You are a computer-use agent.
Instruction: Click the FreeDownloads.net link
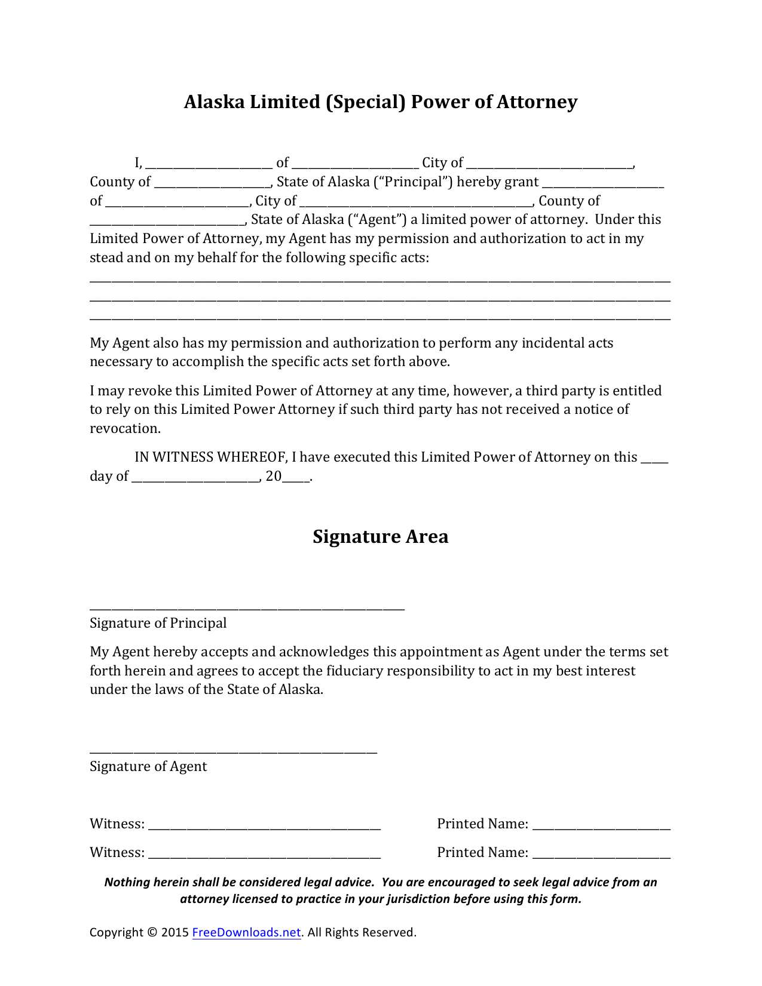coord(246,932)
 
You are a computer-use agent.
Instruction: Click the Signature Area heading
coord(380,536)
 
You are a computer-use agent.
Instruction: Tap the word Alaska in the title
coord(213,102)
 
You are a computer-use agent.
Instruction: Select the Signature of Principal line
coord(247,607)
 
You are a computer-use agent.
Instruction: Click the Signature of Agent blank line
coord(233,751)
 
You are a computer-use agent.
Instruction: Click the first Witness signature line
coord(264,827)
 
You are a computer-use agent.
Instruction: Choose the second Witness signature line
coord(264,856)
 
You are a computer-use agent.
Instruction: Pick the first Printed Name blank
coord(601,827)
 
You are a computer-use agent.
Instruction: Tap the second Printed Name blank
coord(601,856)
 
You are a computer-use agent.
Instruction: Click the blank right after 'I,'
coord(209,166)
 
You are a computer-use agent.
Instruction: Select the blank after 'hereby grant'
coord(603,185)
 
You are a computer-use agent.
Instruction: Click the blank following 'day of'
coord(195,480)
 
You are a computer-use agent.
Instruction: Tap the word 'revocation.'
coord(125,429)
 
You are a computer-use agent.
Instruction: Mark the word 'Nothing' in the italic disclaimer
coord(127,882)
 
